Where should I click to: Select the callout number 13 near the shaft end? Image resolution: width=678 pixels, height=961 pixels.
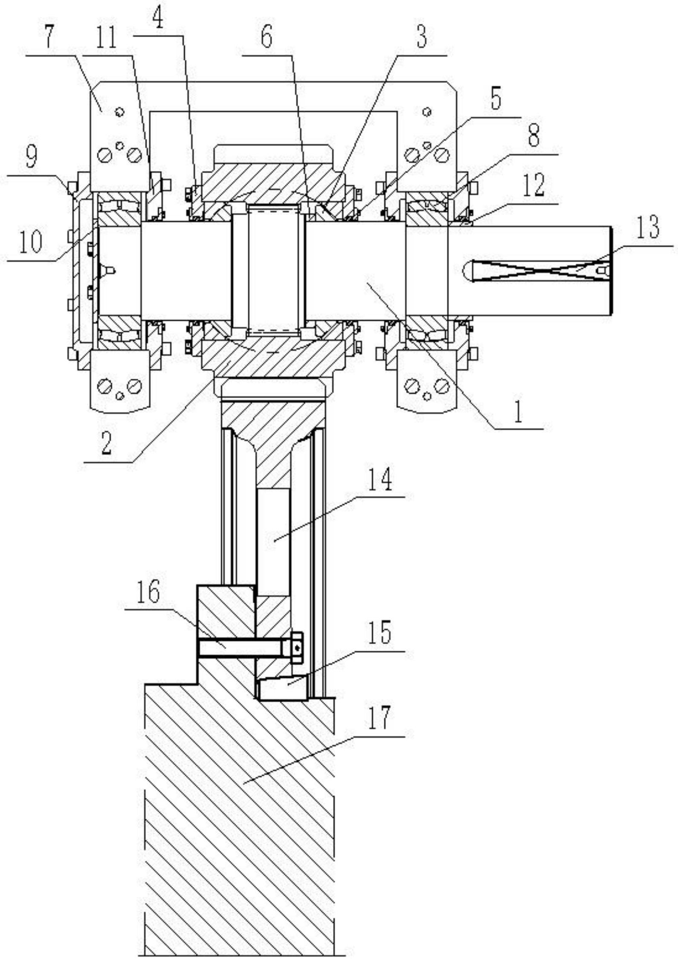pyautogui.click(x=647, y=227)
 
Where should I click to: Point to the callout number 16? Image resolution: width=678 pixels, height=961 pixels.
pyautogui.click(x=148, y=591)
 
